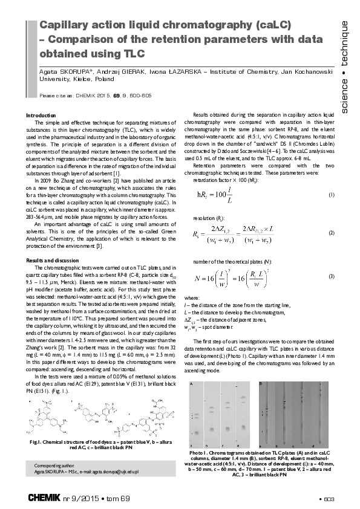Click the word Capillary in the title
(x=62, y=25)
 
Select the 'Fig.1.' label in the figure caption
(x=38, y=443)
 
